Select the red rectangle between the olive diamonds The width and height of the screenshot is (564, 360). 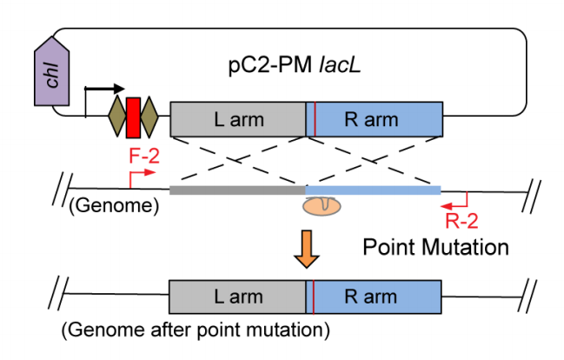click(133, 117)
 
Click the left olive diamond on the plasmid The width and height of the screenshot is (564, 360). click(116, 117)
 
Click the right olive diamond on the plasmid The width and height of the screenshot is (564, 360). click(149, 117)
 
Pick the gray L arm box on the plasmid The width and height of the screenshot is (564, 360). click(238, 118)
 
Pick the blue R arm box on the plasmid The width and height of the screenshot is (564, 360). click(378, 118)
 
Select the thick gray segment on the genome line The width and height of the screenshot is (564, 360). click(238, 187)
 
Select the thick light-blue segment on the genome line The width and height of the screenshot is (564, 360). click(374, 187)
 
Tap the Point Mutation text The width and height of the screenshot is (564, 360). click(435, 247)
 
